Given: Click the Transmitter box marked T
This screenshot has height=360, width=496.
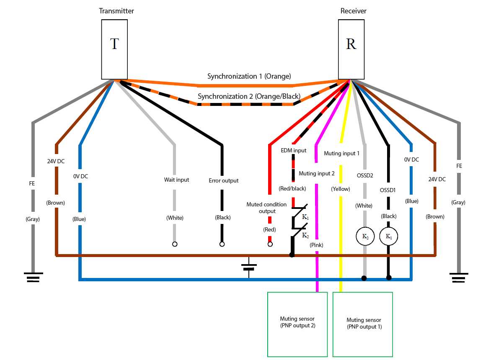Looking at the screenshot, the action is (x=114, y=49).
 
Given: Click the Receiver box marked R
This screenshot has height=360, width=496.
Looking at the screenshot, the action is (x=351, y=49).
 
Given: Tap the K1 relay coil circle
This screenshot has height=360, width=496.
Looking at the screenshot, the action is (x=388, y=237).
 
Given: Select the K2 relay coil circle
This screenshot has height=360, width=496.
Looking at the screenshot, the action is (x=365, y=237).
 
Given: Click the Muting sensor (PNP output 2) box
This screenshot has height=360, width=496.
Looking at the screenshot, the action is (x=297, y=324).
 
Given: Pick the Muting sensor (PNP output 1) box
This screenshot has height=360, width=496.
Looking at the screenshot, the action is (x=362, y=324).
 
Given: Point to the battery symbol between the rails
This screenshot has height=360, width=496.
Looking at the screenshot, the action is (x=249, y=267).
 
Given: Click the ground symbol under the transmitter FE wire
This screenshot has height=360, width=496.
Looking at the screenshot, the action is (x=33, y=277).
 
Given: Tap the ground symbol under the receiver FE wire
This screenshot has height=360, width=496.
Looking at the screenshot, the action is (x=458, y=278).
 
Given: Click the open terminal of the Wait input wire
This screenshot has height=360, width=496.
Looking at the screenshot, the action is (x=175, y=244).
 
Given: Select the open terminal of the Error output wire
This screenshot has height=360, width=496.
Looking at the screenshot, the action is (x=222, y=244).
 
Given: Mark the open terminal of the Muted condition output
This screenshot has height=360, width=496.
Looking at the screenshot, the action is (x=270, y=244).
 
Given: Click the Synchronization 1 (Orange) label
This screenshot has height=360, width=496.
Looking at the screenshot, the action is (x=249, y=76).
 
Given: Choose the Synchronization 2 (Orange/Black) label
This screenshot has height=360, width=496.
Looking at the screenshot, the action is (x=249, y=96).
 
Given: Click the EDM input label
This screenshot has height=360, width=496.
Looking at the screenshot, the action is (x=294, y=150).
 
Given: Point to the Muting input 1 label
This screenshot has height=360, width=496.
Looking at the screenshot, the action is (x=342, y=153).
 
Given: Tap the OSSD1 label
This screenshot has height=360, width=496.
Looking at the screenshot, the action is (x=388, y=190).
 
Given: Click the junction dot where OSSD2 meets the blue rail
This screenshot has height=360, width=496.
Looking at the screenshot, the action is (x=364, y=278).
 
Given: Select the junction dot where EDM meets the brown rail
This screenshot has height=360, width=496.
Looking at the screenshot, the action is (x=292, y=255).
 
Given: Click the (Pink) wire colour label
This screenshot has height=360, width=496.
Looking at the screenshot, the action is (x=316, y=245).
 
